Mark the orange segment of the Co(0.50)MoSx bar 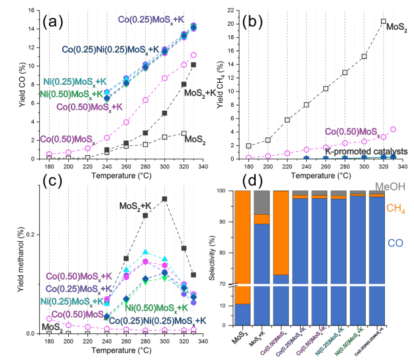[280, 232]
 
